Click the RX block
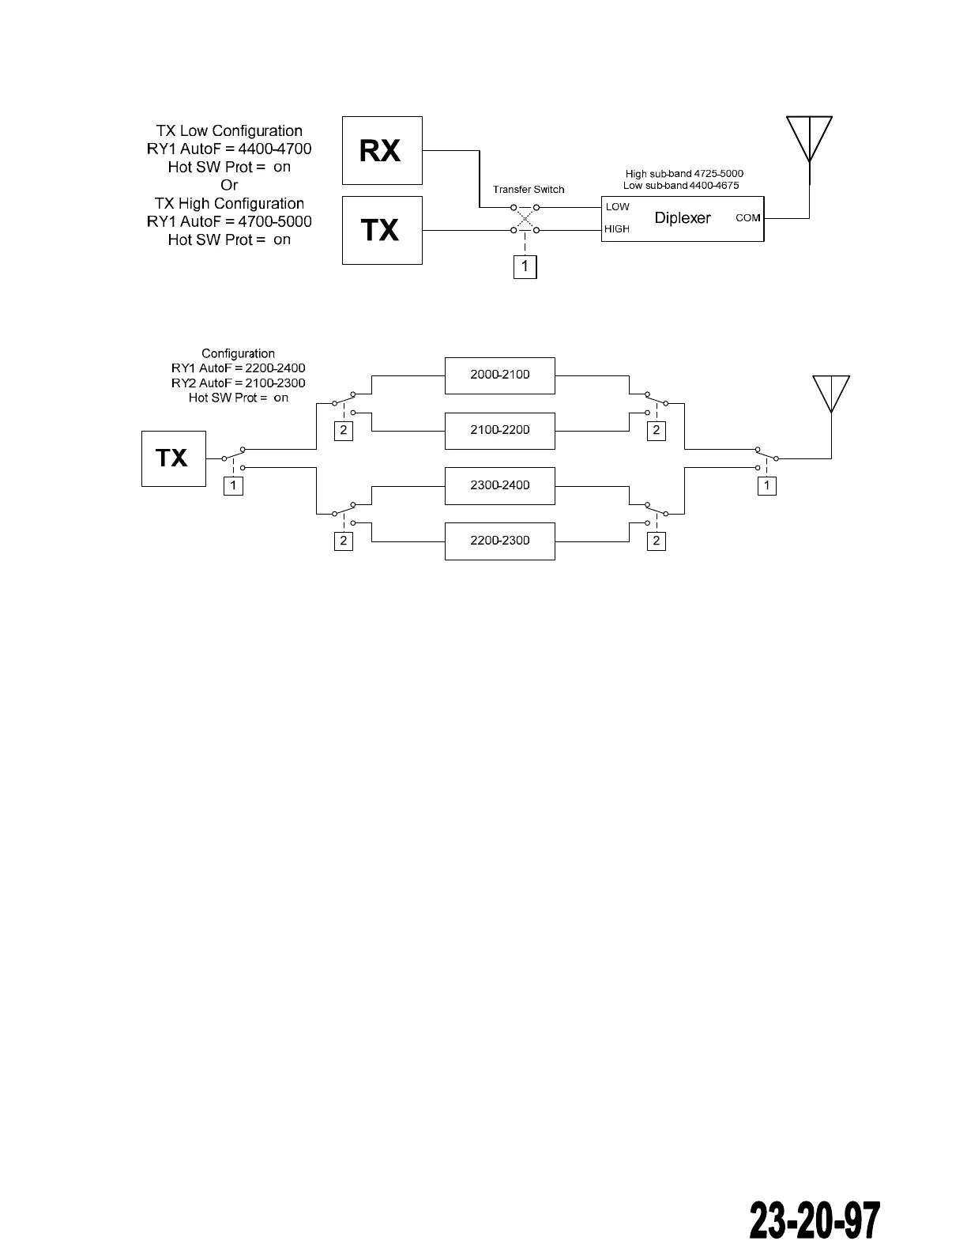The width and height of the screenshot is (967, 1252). (x=382, y=150)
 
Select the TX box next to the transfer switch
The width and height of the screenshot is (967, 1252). (x=382, y=230)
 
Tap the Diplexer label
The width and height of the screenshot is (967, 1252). (x=683, y=218)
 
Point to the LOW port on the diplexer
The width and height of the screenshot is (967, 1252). (x=618, y=207)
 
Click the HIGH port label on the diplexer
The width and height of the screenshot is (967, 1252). (x=617, y=229)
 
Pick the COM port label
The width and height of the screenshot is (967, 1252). (x=747, y=217)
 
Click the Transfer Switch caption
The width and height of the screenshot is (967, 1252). (x=529, y=190)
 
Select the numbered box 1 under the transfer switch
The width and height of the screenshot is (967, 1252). (x=525, y=266)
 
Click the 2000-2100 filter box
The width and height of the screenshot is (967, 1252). (x=499, y=375)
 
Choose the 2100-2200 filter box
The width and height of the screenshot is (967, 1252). (x=499, y=431)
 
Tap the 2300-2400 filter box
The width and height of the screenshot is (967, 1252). (x=499, y=485)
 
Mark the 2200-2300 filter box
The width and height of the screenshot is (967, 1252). (x=499, y=541)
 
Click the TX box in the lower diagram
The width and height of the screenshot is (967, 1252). (x=173, y=458)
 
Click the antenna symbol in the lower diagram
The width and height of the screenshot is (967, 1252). (x=831, y=394)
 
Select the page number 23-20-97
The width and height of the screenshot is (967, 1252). (x=814, y=1221)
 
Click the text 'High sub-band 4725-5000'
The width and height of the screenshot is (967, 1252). (x=684, y=174)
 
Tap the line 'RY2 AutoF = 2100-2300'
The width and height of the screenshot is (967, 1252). (x=239, y=383)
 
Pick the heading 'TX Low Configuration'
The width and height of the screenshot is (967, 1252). (x=229, y=131)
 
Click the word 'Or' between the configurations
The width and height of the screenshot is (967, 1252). (x=229, y=186)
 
